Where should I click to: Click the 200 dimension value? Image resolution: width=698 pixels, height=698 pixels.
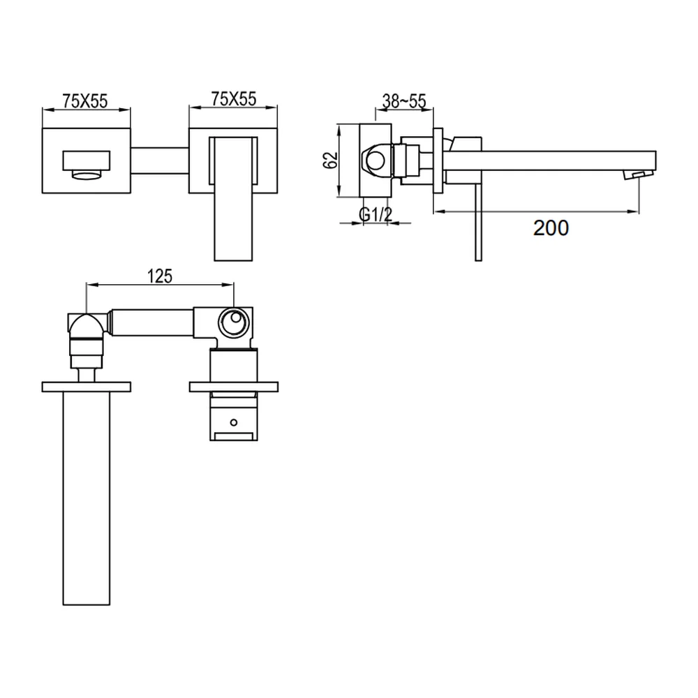551,228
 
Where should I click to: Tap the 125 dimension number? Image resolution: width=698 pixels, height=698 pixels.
160,276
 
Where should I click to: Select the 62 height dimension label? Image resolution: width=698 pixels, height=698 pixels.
330,161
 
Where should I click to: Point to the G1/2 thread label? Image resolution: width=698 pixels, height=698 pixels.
376,214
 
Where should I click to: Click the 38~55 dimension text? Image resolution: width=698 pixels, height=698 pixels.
404,101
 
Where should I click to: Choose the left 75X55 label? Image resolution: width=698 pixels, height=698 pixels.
85,101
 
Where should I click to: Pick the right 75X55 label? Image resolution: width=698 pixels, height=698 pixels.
234,99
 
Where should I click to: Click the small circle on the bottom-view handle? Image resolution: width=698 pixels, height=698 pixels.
233,422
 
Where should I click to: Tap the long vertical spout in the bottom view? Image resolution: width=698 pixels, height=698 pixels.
87,498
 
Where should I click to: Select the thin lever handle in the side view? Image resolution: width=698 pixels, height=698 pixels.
479,222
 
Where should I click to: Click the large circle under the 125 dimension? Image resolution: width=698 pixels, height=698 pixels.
232,322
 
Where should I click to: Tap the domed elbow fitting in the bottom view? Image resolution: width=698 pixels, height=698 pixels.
87,326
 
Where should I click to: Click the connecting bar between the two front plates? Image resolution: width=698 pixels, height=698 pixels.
160,161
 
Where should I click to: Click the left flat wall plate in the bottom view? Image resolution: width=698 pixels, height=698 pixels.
87,387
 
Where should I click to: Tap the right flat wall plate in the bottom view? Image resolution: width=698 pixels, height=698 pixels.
234,387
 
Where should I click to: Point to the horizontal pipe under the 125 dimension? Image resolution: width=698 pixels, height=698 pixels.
151,322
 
